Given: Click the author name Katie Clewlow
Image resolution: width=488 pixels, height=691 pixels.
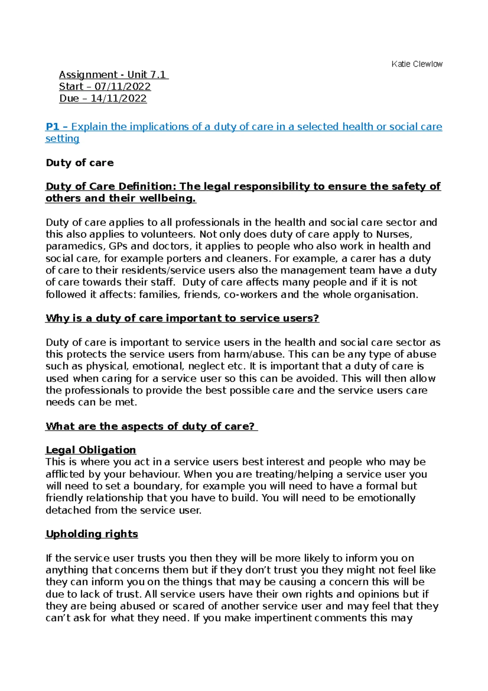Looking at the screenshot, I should click(417, 64).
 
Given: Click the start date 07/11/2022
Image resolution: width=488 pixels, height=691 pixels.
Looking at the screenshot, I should click(122, 87).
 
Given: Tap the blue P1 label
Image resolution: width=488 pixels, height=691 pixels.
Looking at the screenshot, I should click(52, 127).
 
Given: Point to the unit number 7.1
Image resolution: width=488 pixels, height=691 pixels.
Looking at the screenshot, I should click(158, 74).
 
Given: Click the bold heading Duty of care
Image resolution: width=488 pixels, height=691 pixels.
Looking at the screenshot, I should click(80, 163).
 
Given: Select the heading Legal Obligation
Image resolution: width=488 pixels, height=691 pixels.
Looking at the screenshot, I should click(91, 450).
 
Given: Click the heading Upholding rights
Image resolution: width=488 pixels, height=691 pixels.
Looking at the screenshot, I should click(92, 534).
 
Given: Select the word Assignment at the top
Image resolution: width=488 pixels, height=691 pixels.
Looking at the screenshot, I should click(88, 74).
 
